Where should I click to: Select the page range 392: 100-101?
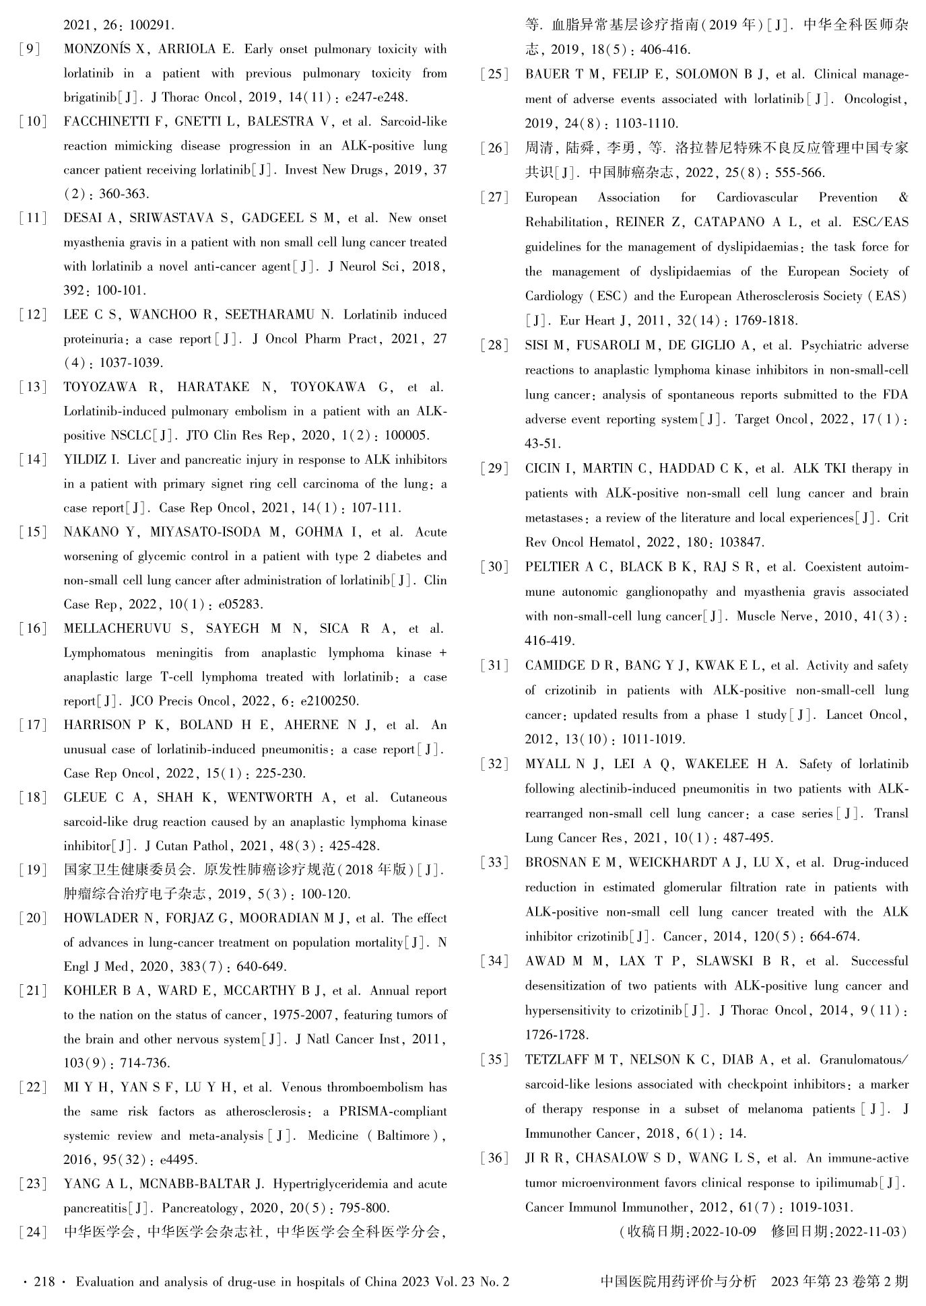point(105,291)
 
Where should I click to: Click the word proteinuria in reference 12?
point(94,339)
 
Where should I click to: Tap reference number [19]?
point(32,870)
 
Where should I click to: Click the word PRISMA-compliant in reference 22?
point(393,1111)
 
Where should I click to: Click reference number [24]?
point(32,1232)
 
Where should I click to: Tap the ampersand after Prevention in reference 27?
point(903,198)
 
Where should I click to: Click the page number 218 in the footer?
point(44,1282)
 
